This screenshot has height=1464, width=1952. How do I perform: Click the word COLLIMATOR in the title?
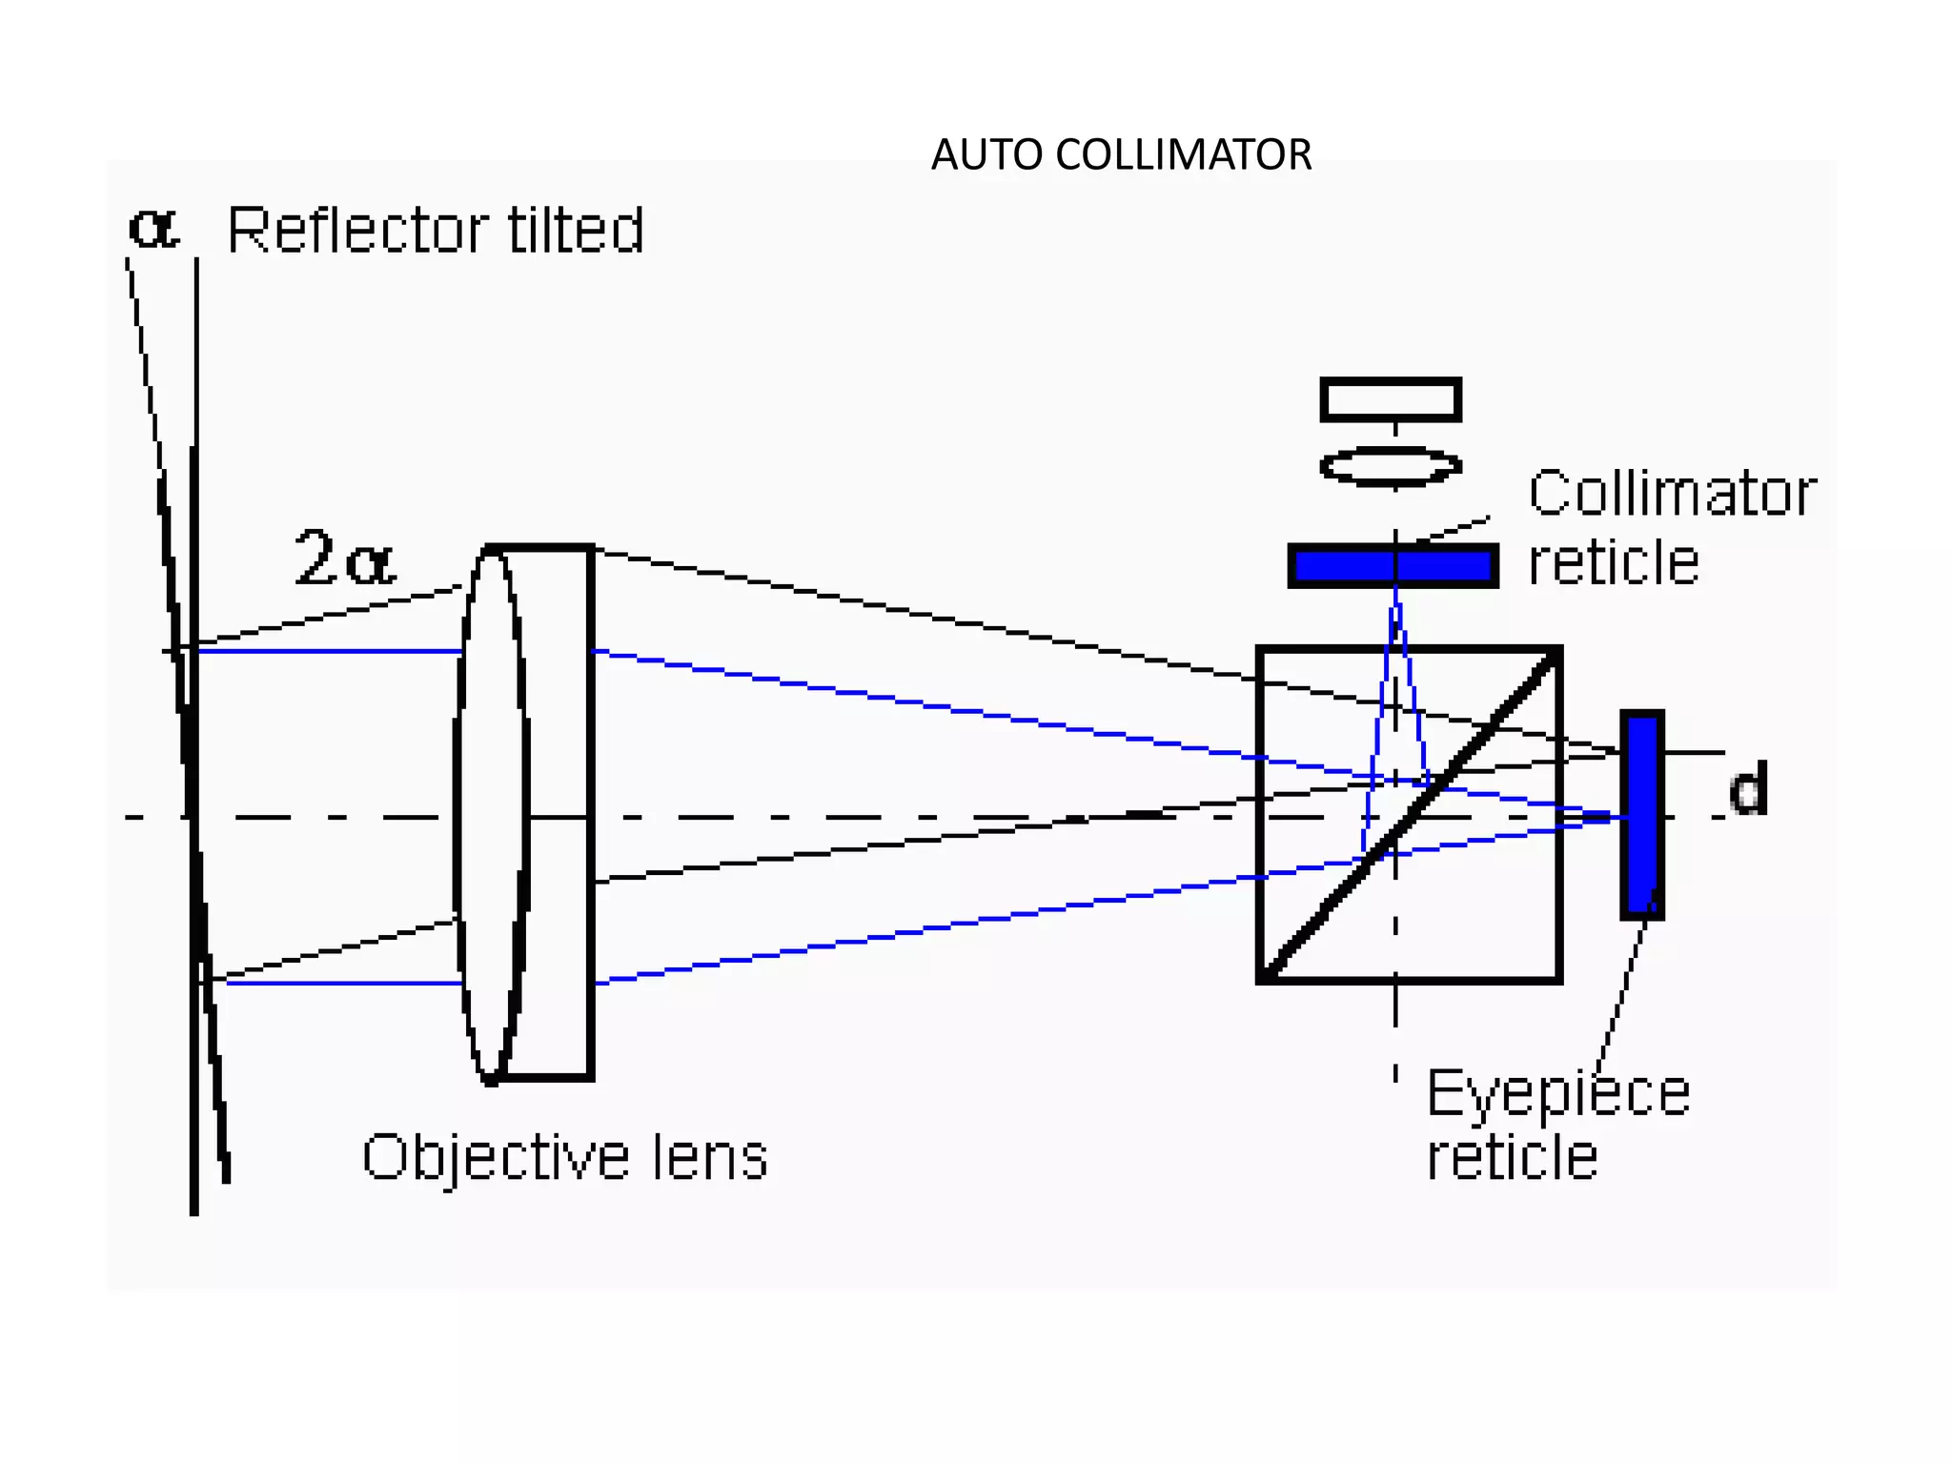(x=1184, y=155)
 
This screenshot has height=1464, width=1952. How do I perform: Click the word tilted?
(x=576, y=231)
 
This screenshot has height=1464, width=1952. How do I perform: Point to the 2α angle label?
(x=343, y=559)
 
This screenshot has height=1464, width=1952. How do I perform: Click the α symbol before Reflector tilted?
(x=152, y=229)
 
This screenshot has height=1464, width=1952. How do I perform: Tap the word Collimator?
(x=1672, y=494)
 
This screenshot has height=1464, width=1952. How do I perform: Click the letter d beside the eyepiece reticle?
(x=1748, y=789)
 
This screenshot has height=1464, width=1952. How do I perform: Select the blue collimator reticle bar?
(x=1393, y=566)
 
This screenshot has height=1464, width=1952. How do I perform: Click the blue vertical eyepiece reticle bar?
(x=1642, y=815)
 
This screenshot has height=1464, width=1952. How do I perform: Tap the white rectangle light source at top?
(x=1391, y=399)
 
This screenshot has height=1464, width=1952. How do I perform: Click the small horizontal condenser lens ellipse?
(x=1391, y=466)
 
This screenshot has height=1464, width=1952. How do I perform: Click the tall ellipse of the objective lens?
(x=491, y=815)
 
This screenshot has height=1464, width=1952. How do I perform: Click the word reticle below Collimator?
(x=1613, y=562)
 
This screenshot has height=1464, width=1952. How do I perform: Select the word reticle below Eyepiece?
(x=1512, y=1159)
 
